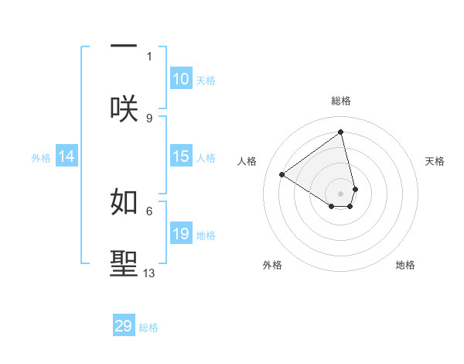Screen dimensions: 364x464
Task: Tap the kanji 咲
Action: pos(124,109)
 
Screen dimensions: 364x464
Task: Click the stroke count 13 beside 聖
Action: pos(149,273)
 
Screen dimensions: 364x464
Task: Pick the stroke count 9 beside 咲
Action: pos(149,118)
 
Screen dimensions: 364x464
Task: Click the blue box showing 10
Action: pos(181,79)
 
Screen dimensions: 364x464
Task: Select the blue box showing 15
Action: pos(181,156)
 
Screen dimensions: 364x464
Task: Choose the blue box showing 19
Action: pos(181,234)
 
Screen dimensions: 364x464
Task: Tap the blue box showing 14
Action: pos(67,156)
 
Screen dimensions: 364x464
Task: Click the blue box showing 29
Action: pos(124,326)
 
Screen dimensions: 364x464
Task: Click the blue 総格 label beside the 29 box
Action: pos(148,328)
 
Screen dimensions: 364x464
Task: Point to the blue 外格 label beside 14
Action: pos(41,158)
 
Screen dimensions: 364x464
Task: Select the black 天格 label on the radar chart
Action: pos(435,161)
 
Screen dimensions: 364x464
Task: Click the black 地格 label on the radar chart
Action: pos(405,265)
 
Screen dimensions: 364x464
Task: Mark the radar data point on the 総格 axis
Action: pos(341,132)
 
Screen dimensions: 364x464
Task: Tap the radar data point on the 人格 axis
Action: pos(282,174)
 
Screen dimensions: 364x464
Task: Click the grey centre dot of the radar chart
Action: pos(341,193)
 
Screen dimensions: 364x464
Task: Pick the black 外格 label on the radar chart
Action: pos(272,265)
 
